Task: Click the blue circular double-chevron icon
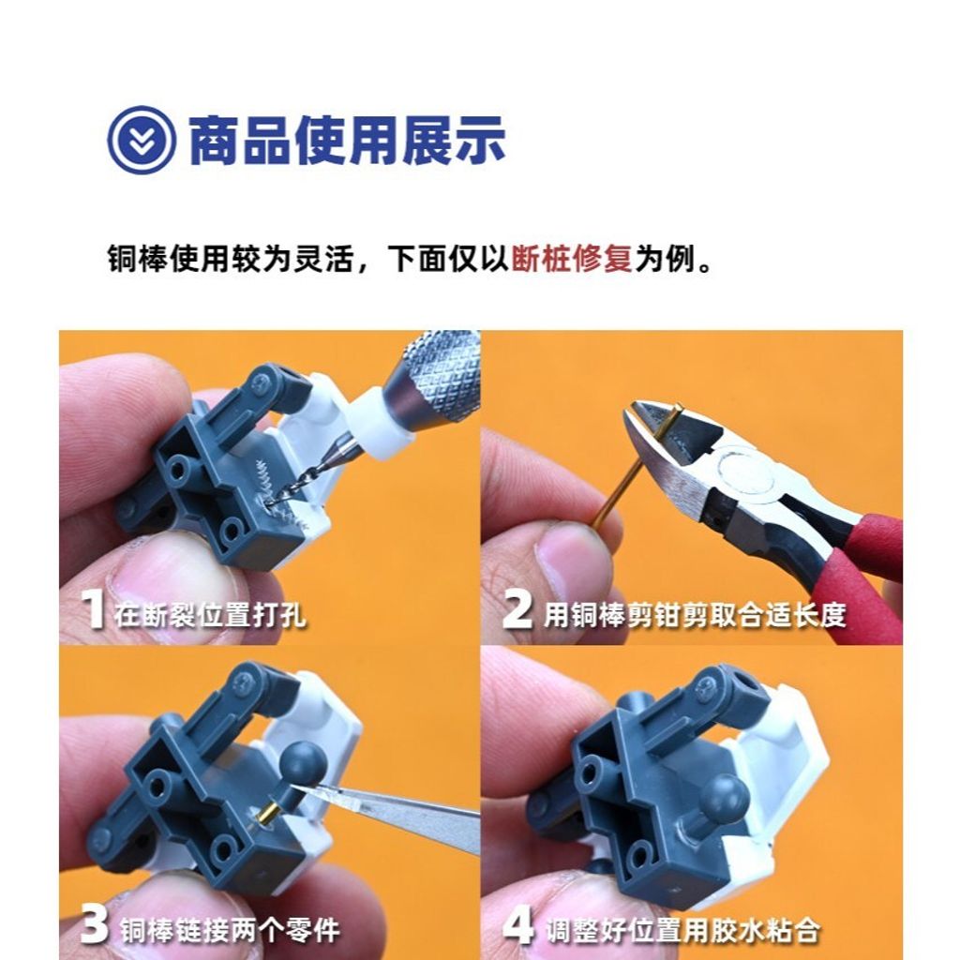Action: tap(142, 140)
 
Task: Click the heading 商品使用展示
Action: tap(348, 141)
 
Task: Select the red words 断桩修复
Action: tap(572, 258)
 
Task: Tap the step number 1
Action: tap(93, 611)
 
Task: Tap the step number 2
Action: tap(517, 611)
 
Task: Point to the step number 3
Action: tap(94, 925)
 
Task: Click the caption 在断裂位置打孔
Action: tap(210, 615)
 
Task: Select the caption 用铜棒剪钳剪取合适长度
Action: tap(695, 615)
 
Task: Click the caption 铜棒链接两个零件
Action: tap(230, 929)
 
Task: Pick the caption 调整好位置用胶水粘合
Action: tap(683, 929)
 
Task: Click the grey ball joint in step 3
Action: tap(305, 759)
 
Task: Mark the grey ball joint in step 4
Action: tap(722, 797)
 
